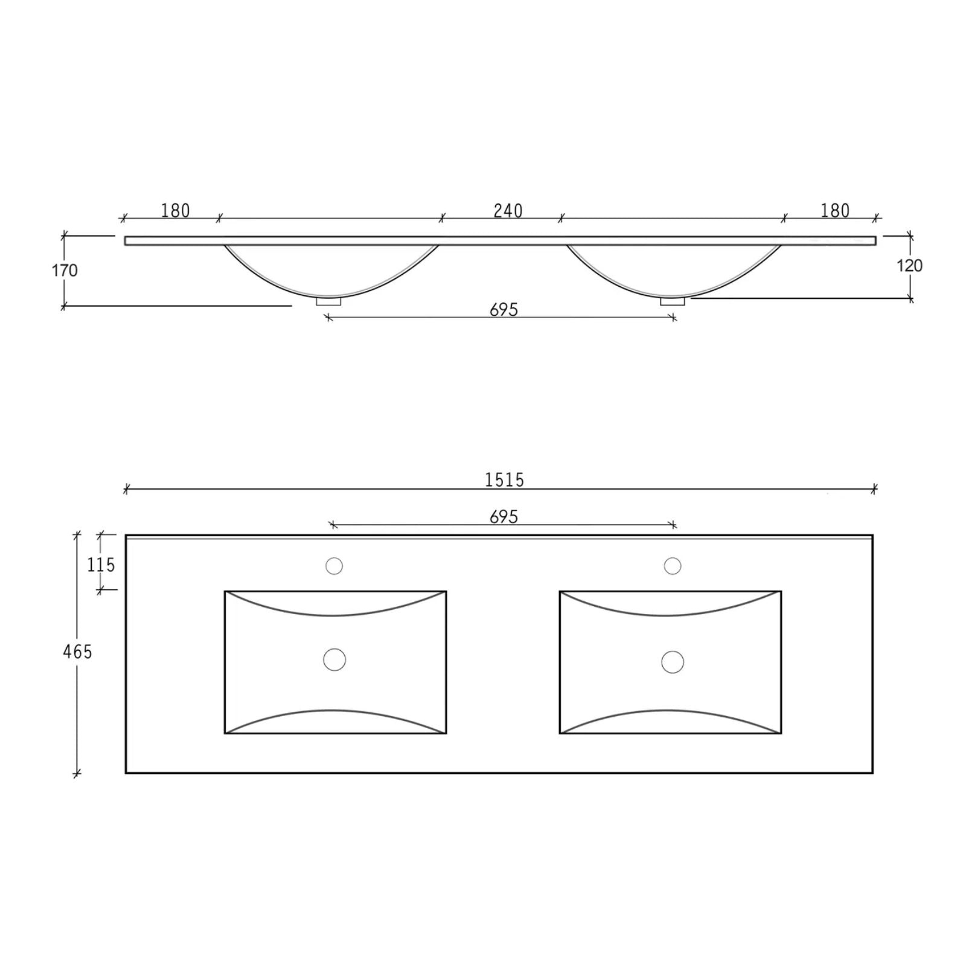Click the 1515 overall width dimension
click(x=504, y=480)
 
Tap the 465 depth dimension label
click(x=77, y=652)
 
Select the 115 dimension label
click(x=101, y=565)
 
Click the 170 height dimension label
click(x=65, y=270)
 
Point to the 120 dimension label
click(x=909, y=266)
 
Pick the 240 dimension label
click(x=508, y=211)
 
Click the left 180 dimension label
click(x=175, y=211)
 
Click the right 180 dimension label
click(x=835, y=211)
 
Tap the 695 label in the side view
click(x=504, y=310)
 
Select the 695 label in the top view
click(x=504, y=517)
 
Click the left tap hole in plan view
click(x=334, y=566)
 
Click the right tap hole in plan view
click(x=673, y=566)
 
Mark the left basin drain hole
click(x=334, y=659)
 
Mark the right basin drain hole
click(x=673, y=662)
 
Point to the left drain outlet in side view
click(x=328, y=301)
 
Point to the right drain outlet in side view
click(x=672, y=301)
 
